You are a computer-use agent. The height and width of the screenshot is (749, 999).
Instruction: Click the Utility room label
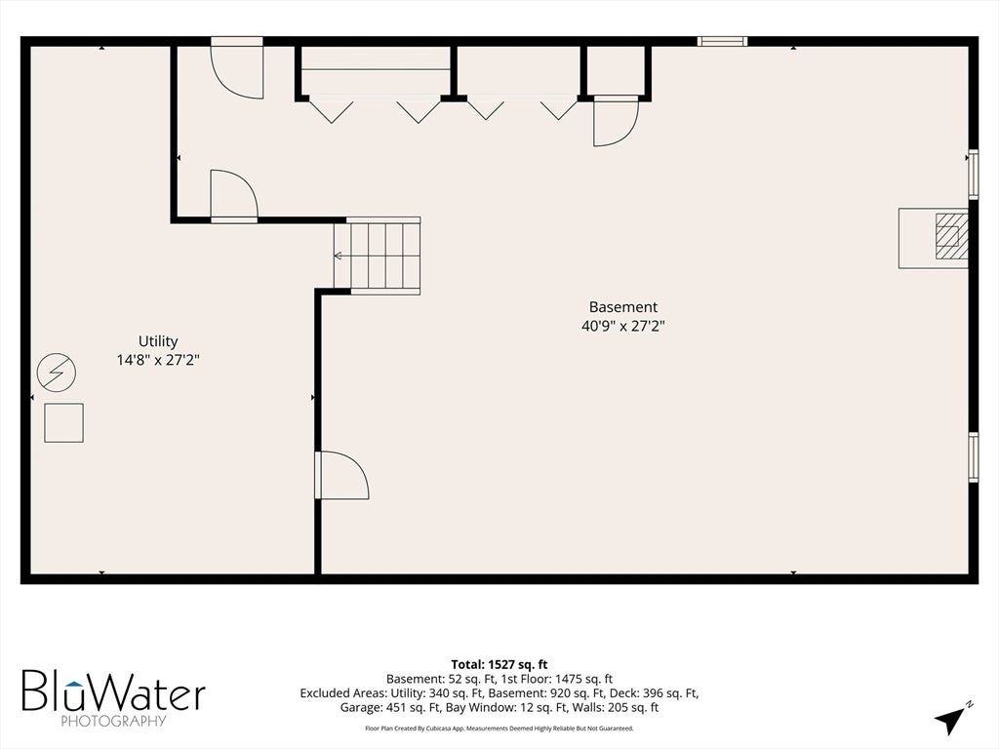tap(158, 341)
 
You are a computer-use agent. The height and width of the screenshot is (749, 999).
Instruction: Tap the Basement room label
tap(623, 307)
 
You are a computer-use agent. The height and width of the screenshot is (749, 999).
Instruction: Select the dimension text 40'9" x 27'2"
tap(623, 326)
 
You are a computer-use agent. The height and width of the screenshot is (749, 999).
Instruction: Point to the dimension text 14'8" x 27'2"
tap(158, 360)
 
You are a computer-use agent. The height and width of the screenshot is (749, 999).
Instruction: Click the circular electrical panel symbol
tap(57, 372)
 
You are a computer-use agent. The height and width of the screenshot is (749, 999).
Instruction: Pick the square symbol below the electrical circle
tap(63, 423)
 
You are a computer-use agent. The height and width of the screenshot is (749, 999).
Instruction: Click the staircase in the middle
tap(378, 256)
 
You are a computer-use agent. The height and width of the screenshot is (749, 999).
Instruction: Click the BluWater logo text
tap(114, 690)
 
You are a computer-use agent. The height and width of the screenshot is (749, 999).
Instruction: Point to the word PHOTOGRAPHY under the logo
tap(113, 721)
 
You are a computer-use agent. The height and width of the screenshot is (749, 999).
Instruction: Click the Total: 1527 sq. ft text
tap(499, 665)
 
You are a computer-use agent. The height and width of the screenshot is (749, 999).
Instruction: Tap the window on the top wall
tap(722, 41)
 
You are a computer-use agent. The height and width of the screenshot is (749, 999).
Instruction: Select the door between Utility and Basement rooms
tap(341, 475)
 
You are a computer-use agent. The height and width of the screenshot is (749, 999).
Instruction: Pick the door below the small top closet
tap(617, 121)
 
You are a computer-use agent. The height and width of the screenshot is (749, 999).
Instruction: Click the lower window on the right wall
tap(973, 457)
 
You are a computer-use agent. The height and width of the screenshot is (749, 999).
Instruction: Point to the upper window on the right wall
tap(973, 175)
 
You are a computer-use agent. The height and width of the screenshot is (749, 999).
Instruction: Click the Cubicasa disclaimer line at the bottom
tap(499, 728)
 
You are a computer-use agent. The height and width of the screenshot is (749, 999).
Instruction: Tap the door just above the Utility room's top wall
tap(234, 196)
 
